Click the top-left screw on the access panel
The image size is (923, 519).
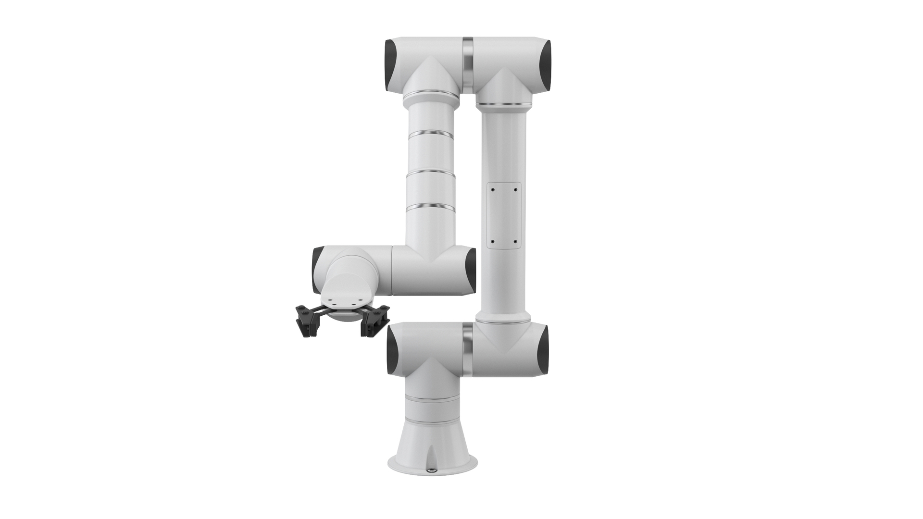[x=493, y=189]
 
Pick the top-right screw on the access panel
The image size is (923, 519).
[x=515, y=189]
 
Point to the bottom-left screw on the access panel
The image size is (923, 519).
[x=493, y=242]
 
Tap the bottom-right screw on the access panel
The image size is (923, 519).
[x=515, y=242]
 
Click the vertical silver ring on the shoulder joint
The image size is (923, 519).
[x=468, y=348]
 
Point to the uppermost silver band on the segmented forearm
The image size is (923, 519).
[x=431, y=133]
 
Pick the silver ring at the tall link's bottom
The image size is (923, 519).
[x=503, y=316]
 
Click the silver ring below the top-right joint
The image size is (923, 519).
[x=503, y=104]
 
